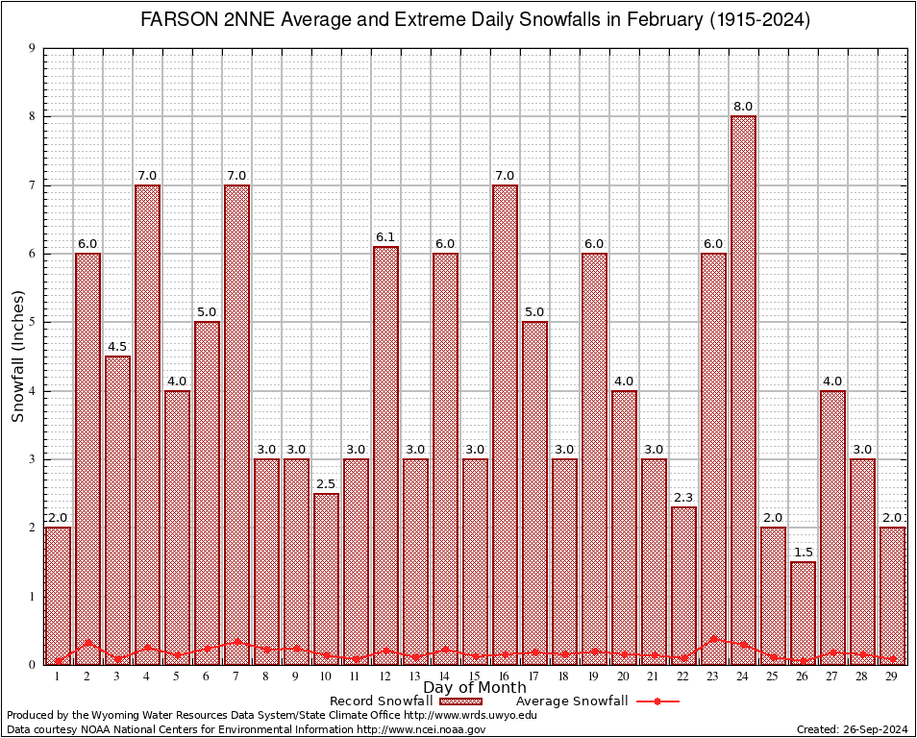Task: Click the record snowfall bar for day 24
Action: (x=743, y=384)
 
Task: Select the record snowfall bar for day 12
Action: (x=385, y=452)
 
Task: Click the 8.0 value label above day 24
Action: (x=743, y=107)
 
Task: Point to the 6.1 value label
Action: (x=385, y=237)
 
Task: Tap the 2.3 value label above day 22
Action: (x=683, y=498)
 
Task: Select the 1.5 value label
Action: (x=803, y=553)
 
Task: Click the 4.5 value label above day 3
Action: (x=117, y=347)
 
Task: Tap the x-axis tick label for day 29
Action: (x=892, y=677)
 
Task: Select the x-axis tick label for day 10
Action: (x=326, y=677)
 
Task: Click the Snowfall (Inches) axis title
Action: (x=18, y=357)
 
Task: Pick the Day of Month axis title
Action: (x=474, y=688)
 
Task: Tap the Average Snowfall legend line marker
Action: (x=657, y=701)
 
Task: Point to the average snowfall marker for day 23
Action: (x=713, y=638)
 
